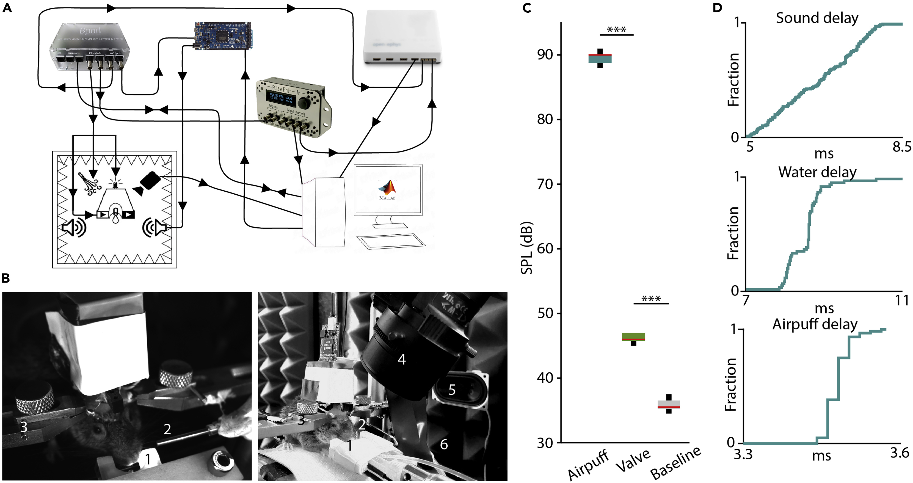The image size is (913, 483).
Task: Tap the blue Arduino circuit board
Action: pyautogui.click(x=223, y=35)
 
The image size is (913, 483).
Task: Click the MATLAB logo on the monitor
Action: pyautogui.click(x=387, y=190)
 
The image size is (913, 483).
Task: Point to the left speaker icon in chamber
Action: pyautogui.click(x=74, y=227)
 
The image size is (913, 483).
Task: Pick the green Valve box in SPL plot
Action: pyautogui.click(x=634, y=337)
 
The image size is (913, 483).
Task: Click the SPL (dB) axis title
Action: pyautogui.click(x=527, y=248)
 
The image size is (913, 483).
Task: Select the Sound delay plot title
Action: pyautogui.click(x=817, y=18)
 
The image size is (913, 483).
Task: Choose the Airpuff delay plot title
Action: pyautogui.click(x=815, y=324)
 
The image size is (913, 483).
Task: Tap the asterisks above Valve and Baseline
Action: pyautogui.click(x=651, y=299)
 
